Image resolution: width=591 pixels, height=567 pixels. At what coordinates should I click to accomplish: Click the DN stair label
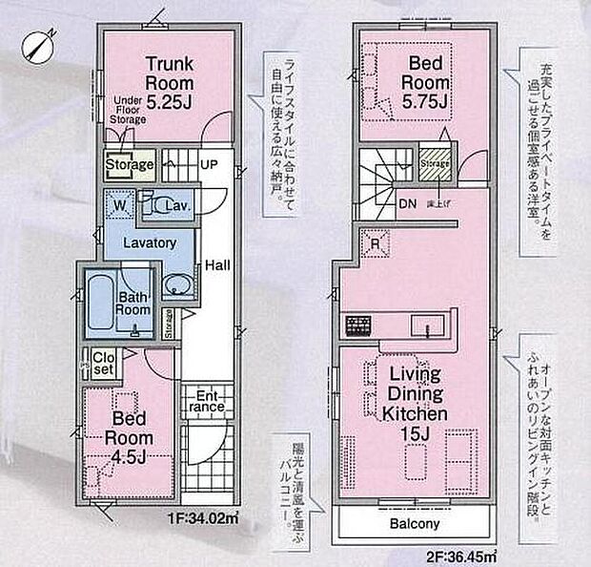pyautogui.click(x=405, y=203)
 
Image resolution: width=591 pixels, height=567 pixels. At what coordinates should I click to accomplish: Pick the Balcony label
pyautogui.click(x=414, y=524)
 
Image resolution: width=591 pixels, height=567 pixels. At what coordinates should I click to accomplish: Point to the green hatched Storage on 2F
pyautogui.click(x=435, y=163)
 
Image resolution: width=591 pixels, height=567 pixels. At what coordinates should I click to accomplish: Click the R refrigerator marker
pyautogui.click(x=374, y=242)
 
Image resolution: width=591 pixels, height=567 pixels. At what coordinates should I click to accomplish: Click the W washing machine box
pyautogui.click(x=121, y=203)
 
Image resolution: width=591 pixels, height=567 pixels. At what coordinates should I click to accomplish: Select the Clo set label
pyautogui.click(x=104, y=363)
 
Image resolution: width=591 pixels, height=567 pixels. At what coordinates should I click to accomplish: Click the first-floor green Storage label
pyautogui.click(x=130, y=165)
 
